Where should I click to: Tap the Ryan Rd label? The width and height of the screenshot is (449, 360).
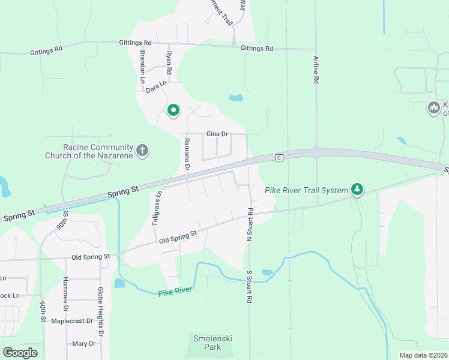(x=169, y=62)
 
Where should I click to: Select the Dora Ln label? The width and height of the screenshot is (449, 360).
(x=156, y=87)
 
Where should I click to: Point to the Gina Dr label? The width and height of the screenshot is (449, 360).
(x=217, y=134)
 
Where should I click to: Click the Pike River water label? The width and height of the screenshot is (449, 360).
(x=175, y=292)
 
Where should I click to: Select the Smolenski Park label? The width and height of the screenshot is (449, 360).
(x=212, y=343)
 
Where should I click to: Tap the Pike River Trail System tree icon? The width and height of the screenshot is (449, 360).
(x=357, y=190)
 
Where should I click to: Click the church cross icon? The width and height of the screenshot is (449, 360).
(x=142, y=150)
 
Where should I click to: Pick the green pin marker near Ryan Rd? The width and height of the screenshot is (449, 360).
(x=173, y=110)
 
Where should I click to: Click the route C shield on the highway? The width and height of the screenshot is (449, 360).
(x=279, y=158)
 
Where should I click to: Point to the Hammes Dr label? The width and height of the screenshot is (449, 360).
(x=65, y=293)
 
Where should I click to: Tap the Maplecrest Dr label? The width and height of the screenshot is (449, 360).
(x=73, y=321)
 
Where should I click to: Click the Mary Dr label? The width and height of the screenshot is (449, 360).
(x=83, y=344)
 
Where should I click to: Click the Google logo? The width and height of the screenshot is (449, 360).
(x=20, y=353)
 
